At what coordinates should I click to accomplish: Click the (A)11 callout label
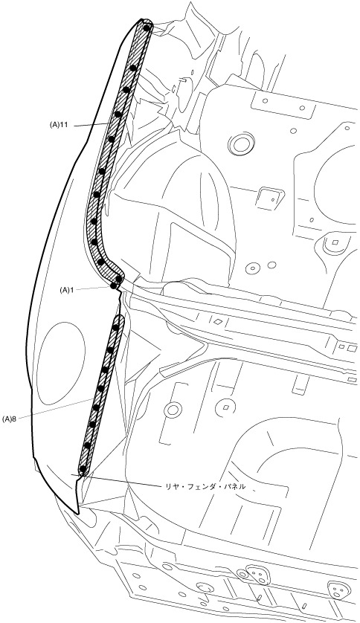(59, 125)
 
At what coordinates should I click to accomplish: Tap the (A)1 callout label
(67, 290)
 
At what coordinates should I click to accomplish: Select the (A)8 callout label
(9, 419)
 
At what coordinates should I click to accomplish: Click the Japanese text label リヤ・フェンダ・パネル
(205, 486)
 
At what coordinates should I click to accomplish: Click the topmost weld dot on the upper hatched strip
(147, 28)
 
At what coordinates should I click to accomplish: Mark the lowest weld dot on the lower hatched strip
(83, 469)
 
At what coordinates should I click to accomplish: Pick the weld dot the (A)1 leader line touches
(113, 285)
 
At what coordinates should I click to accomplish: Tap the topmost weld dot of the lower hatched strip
(115, 327)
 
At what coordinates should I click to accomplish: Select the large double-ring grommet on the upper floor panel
(241, 144)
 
